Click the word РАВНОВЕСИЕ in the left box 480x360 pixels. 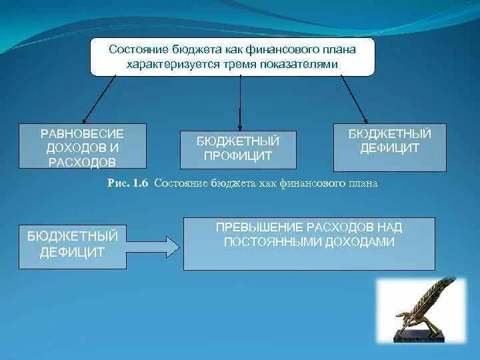pos(83,133)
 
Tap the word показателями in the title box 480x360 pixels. pos(304,64)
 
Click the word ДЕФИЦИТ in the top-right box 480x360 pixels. pos(390,148)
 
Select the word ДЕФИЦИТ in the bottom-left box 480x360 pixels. pos(73,251)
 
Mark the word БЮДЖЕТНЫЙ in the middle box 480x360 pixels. pos(238,141)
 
